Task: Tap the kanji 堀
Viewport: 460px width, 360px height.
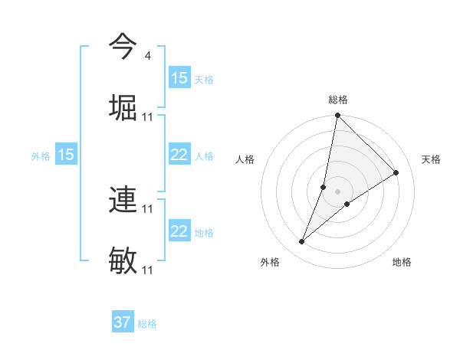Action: click(123, 108)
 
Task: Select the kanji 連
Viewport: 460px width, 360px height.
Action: click(123, 200)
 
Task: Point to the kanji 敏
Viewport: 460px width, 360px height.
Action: click(123, 261)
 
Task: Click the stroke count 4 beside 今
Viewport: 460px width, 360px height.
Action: click(147, 56)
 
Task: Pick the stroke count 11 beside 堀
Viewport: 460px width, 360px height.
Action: click(148, 117)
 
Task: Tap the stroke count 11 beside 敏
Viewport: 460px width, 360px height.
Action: click(148, 270)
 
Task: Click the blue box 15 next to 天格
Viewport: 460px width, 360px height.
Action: click(179, 78)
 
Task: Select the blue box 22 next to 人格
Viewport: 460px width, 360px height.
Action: click(179, 155)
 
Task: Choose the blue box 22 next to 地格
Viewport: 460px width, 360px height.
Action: click(179, 231)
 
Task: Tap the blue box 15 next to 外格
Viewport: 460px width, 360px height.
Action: click(66, 155)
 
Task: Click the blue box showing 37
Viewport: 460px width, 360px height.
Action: click(123, 322)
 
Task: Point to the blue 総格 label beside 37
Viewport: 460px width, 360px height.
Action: click(147, 324)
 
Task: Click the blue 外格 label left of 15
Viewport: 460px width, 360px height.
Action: click(41, 156)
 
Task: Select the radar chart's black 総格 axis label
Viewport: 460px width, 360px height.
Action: click(337, 100)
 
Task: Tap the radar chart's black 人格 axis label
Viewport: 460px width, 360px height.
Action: click(245, 159)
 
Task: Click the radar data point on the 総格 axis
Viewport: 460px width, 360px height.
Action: click(337, 116)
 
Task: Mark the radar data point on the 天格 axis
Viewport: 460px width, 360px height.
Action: click(396, 173)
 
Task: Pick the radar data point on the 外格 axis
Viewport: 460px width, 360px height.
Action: click(302, 242)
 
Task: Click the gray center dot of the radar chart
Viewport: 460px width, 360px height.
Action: click(337, 191)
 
